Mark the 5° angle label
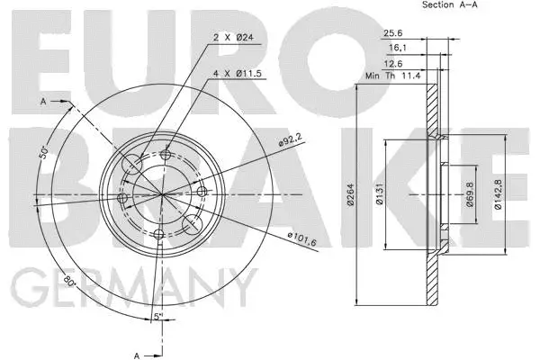[x=157, y=316]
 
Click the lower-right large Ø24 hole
[x=192, y=223]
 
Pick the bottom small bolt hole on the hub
[x=159, y=235]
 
